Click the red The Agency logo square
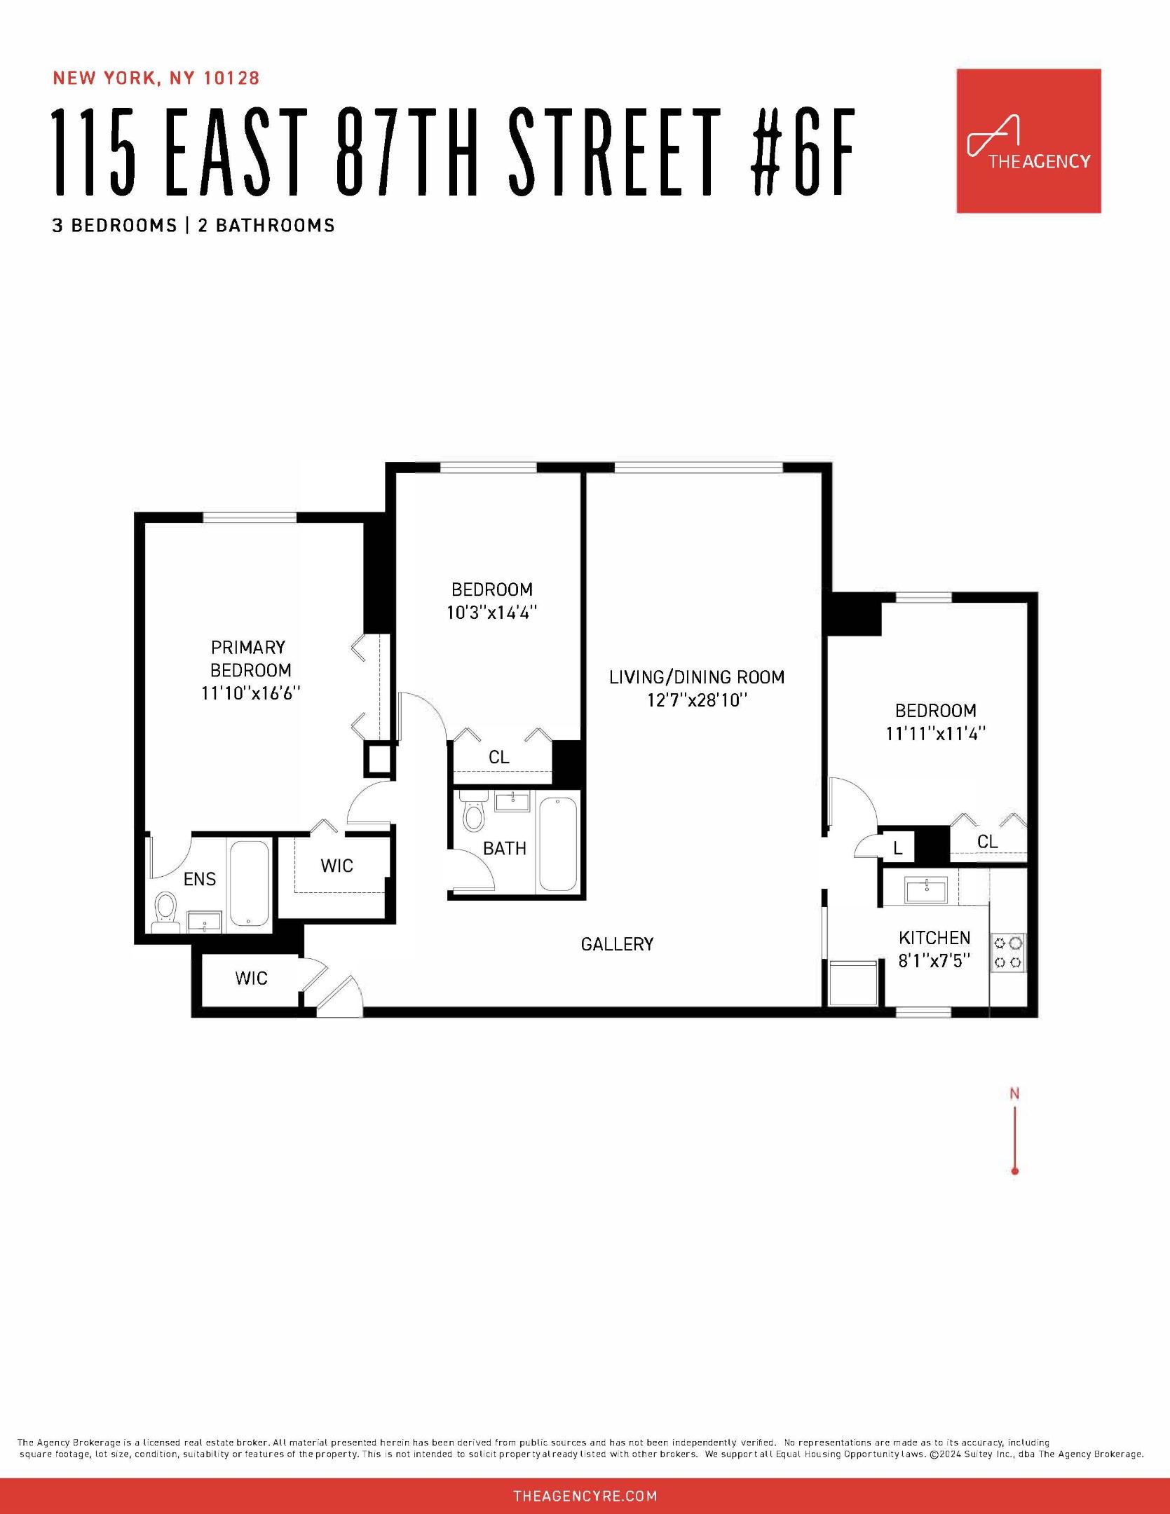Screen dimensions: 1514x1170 1028,141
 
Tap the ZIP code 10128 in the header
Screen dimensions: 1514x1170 231,78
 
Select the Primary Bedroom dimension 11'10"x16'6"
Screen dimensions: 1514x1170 250,693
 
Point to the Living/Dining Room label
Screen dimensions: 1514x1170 696,677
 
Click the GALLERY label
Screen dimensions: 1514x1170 617,944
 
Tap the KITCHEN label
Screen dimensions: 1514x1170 934,938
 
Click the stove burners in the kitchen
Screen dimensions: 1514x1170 1007,953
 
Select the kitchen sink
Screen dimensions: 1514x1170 926,890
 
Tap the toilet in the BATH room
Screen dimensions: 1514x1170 474,814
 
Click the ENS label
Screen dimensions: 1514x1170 200,879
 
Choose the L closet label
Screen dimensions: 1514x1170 898,850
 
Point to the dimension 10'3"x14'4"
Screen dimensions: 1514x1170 492,613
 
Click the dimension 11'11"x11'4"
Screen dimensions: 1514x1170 936,734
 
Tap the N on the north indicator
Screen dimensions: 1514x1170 1014,1093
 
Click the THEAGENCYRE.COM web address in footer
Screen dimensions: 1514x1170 585,1496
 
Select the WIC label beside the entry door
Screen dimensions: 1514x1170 251,978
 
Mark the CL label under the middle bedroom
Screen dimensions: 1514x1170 499,757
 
